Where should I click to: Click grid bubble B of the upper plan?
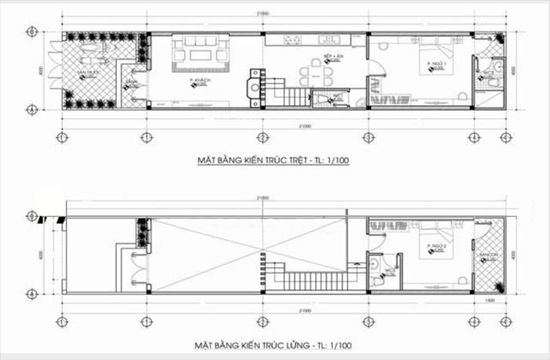click(x=30, y=31)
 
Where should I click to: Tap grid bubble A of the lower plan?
click(x=30, y=294)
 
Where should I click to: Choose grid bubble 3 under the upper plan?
click(x=368, y=138)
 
